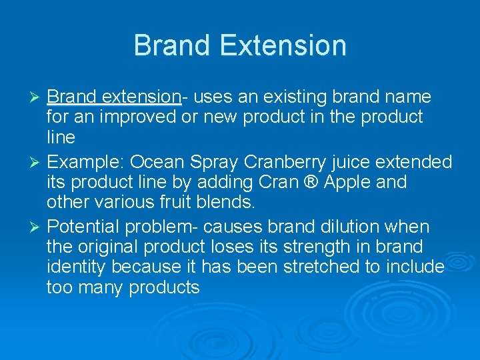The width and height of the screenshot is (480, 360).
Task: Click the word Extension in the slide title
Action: click(283, 46)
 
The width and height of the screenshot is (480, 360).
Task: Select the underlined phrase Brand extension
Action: click(114, 97)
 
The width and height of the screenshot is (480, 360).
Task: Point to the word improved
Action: click(141, 117)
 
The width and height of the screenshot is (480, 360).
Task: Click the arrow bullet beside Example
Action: click(37, 162)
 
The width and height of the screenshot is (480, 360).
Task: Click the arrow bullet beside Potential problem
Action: click(37, 227)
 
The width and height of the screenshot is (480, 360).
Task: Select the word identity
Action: click(77, 267)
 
